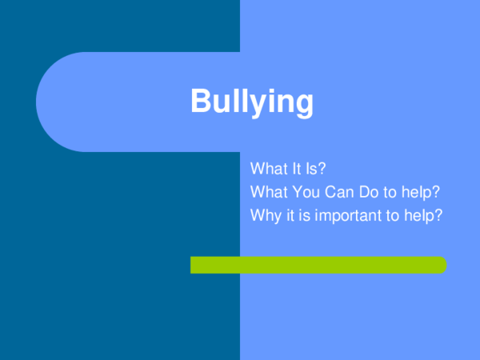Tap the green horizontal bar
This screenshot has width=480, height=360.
318,265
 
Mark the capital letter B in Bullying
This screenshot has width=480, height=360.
202,102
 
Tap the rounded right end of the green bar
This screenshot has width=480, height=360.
441,265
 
